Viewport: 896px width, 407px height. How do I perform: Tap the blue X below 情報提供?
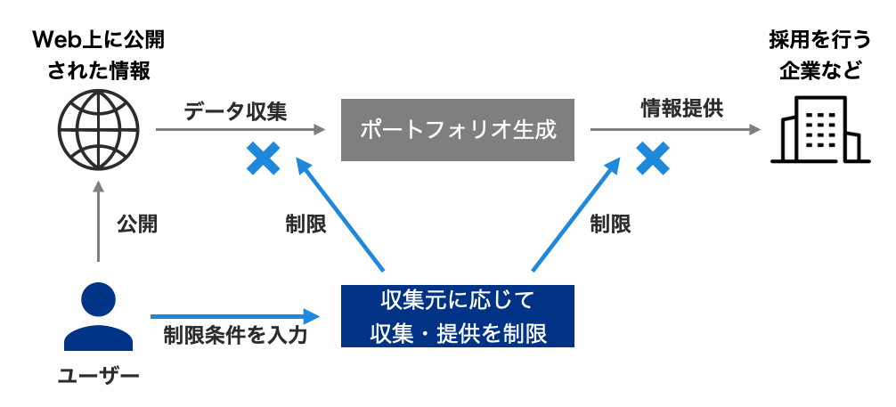click(652, 159)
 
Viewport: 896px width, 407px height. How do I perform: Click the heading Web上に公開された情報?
click(98, 55)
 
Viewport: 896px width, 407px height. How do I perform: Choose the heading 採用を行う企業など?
click(819, 55)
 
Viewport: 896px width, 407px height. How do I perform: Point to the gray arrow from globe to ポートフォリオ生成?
click(240, 131)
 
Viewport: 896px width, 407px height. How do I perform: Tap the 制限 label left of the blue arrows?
click(305, 224)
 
